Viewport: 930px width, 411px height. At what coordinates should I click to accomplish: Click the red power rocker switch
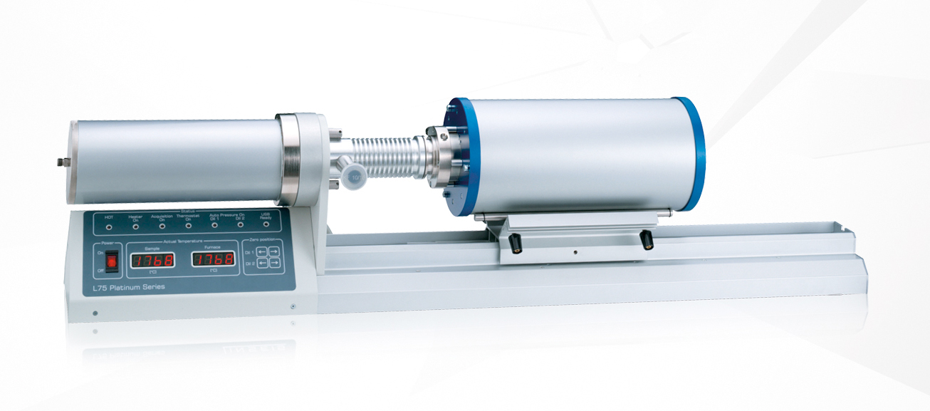point(110,261)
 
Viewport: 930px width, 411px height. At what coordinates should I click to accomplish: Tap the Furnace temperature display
point(214,259)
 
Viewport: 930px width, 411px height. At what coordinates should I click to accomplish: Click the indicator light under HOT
point(109,228)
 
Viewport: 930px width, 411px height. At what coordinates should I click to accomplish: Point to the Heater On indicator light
point(135,228)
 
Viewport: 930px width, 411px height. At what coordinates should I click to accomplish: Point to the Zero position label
point(261,241)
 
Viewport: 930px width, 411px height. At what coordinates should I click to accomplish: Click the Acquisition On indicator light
point(162,227)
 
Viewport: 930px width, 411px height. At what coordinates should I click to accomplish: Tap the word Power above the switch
point(110,243)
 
